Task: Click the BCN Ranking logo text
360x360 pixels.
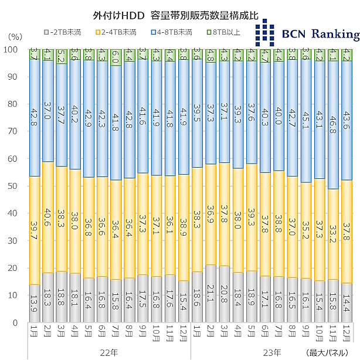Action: click(x=320, y=34)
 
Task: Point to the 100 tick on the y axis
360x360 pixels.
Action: click(x=12, y=50)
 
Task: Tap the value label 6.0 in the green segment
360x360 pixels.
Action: click(x=116, y=57)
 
